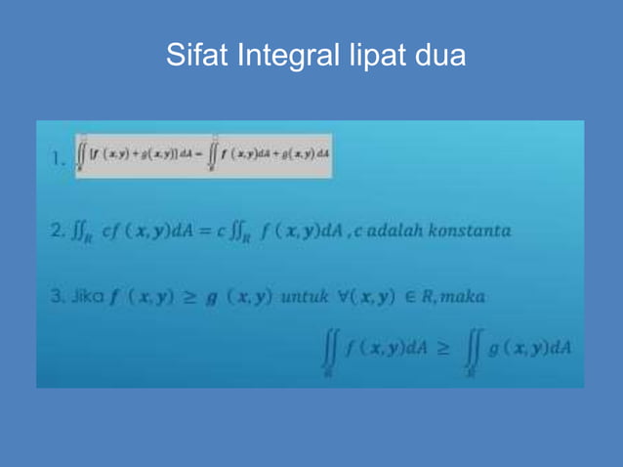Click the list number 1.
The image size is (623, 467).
coord(60,156)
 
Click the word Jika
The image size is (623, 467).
coord(85,294)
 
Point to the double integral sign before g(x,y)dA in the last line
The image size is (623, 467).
coord(475,351)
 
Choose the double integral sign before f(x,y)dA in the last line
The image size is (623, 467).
coord(327,351)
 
